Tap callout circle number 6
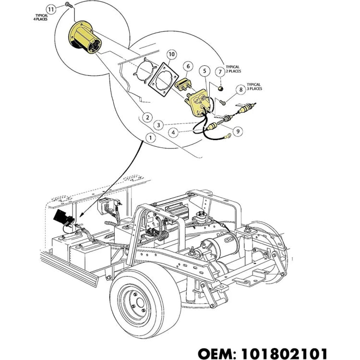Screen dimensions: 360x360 [x=188, y=66]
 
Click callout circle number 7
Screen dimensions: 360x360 [x=220, y=72]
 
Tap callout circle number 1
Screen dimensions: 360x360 [x=152, y=138]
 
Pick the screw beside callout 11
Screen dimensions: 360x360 [x=68, y=4]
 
